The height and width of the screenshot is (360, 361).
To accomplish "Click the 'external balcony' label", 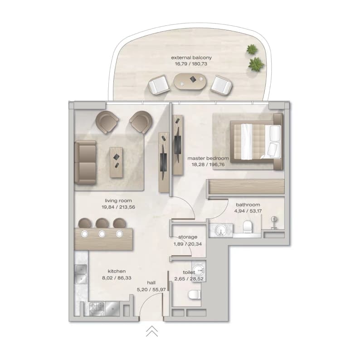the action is click(191, 58).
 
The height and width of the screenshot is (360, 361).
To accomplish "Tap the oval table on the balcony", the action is click(190, 82).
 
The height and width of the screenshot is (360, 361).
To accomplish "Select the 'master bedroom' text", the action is click(208, 158).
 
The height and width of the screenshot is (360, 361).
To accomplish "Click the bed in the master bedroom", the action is click(256, 141).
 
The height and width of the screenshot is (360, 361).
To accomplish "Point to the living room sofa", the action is click(85, 162).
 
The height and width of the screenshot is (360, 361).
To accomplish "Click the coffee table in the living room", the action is click(116, 162).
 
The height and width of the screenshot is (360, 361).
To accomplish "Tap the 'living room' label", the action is click(118, 201).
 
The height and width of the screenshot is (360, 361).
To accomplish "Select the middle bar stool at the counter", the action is click(102, 223).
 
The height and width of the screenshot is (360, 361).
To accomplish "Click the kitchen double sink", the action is click(80, 274).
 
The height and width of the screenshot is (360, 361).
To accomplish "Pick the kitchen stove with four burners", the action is click(97, 309).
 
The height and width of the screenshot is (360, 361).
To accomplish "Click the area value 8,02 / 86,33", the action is click(117, 278).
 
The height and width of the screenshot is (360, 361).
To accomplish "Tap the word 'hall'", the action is click(151, 282).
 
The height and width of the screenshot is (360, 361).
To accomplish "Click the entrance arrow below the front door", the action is click(152, 331).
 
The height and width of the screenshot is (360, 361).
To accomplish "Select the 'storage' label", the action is click(188, 237).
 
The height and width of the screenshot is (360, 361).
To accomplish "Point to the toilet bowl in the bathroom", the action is click(248, 227).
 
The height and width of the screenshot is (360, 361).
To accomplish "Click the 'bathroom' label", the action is click(248, 204).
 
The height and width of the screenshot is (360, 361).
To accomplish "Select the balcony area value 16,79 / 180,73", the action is click(191, 64).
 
